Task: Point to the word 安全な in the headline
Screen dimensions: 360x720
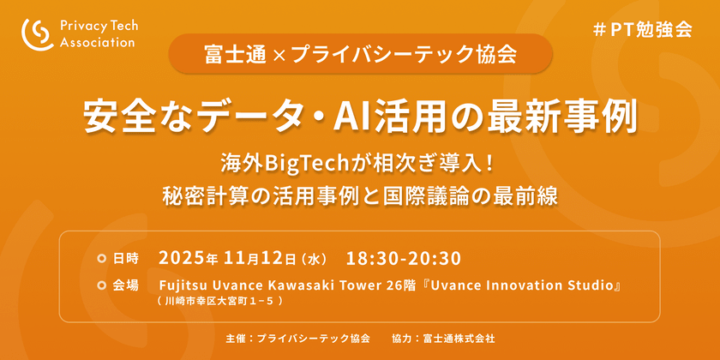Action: point(130,117)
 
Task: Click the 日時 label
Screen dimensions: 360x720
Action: point(125,259)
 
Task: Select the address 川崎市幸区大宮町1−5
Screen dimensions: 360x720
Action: point(220,302)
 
